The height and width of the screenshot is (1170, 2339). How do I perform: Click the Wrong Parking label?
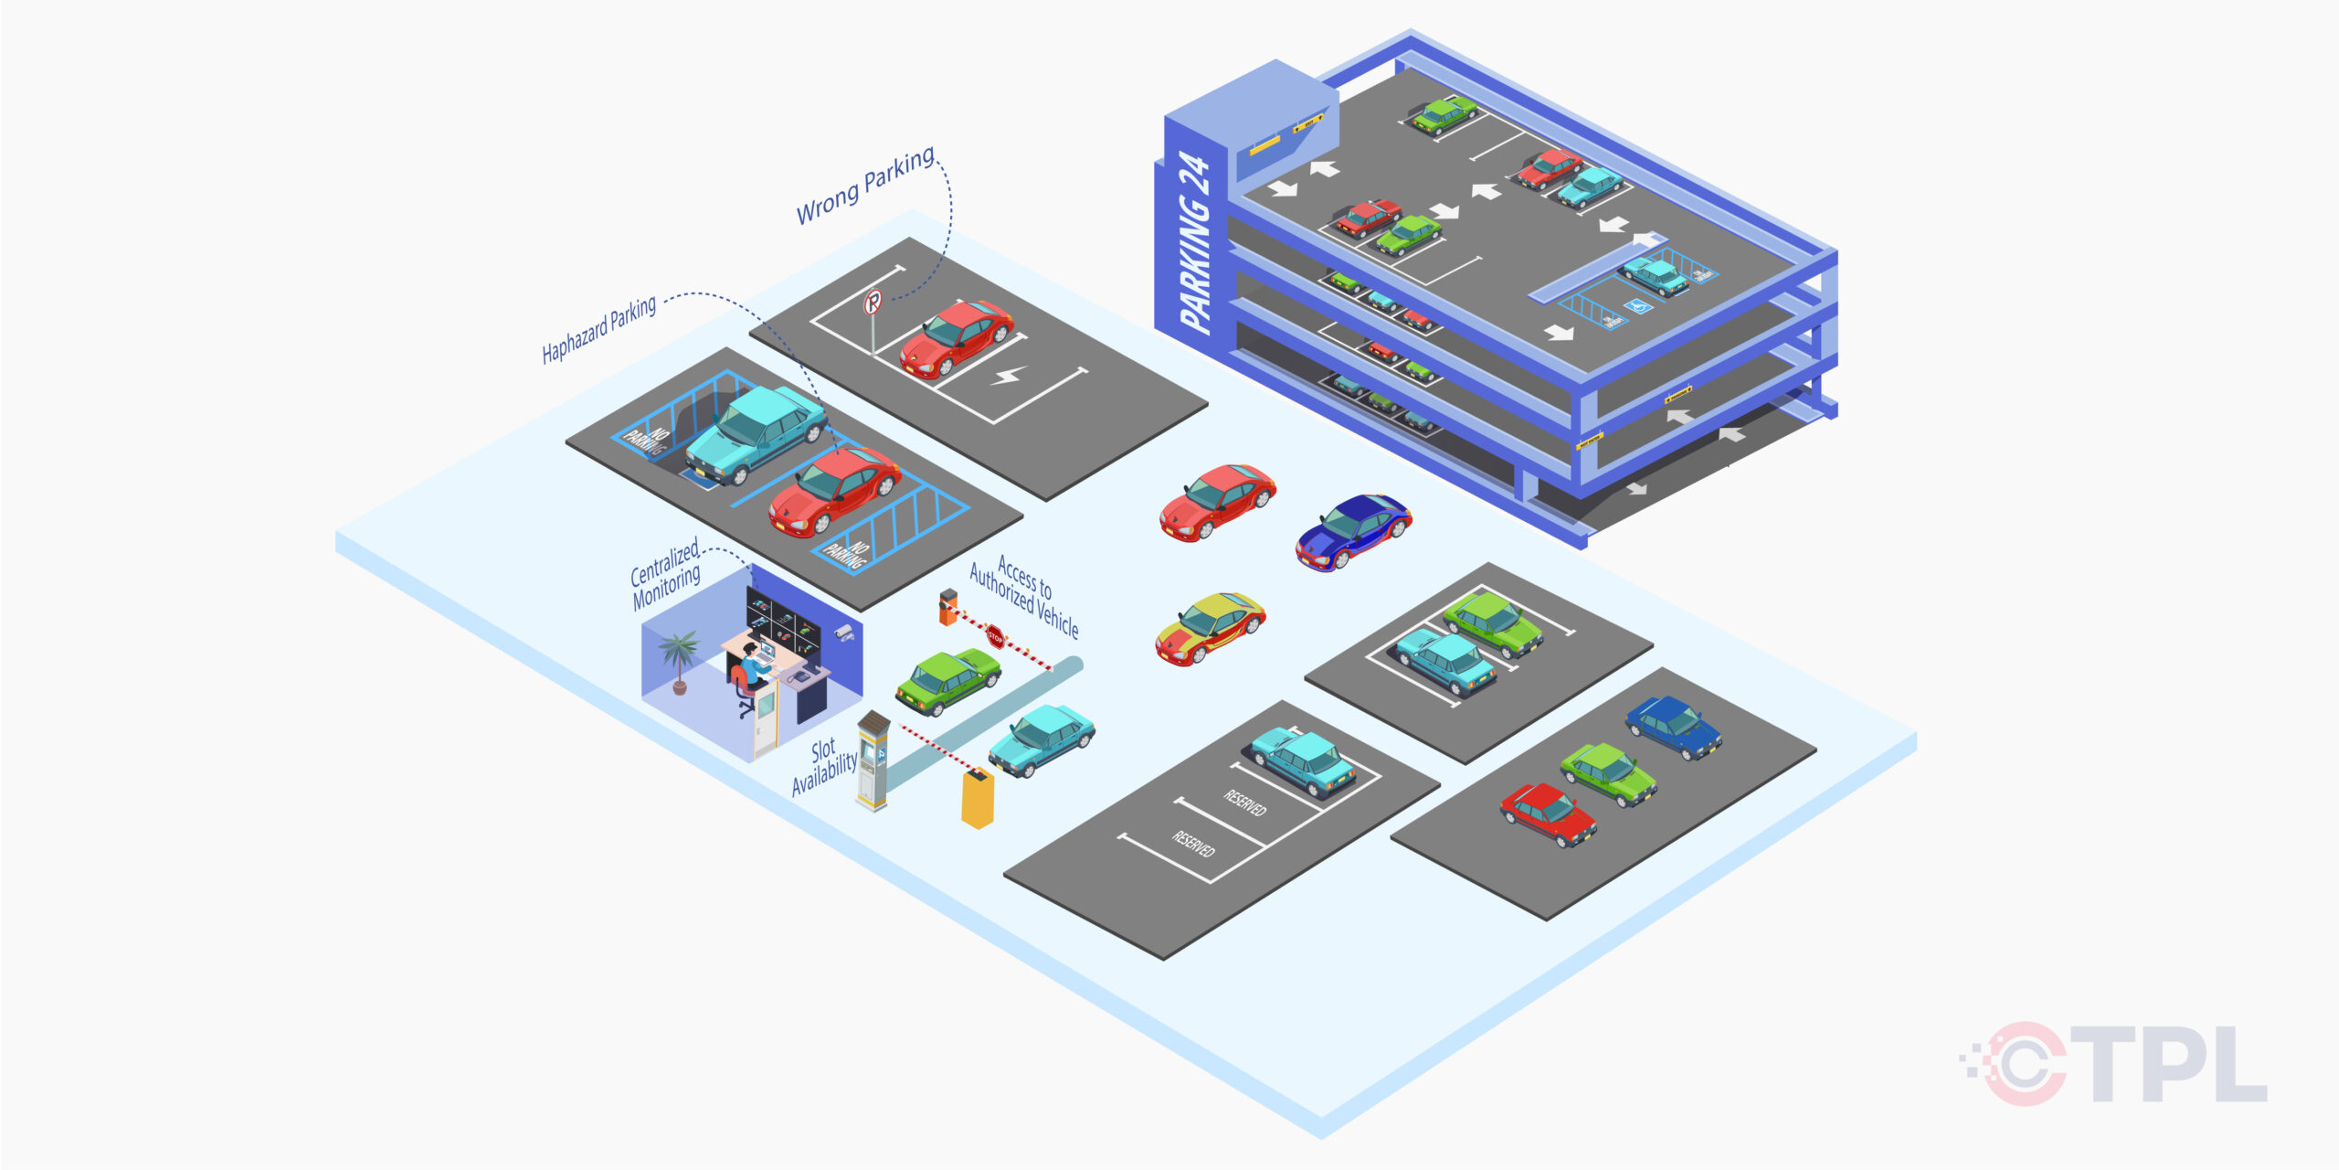[x=864, y=186]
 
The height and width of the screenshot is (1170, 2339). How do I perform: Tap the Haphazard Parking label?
[x=598, y=330]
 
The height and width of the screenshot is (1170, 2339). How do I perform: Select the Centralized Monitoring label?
[x=666, y=573]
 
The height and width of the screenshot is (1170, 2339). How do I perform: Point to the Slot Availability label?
[x=824, y=766]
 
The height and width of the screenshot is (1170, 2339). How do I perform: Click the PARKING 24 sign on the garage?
[x=1195, y=243]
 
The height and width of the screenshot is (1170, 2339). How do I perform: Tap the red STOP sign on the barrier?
[x=995, y=636]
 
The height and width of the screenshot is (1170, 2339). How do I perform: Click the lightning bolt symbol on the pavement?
[x=1009, y=375]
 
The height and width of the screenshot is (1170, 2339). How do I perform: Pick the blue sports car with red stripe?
[x=1353, y=531]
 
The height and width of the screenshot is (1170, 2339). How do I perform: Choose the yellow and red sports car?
[x=1210, y=628]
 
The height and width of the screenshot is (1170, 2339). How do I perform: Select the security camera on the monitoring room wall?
[x=844, y=633]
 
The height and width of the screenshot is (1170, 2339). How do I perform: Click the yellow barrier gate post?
[x=977, y=800]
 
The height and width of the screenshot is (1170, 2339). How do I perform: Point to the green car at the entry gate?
[x=947, y=681]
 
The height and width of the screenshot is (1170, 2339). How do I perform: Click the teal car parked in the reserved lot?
[x=1302, y=761]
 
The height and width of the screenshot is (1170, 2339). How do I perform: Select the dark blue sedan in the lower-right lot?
[x=1674, y=727]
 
